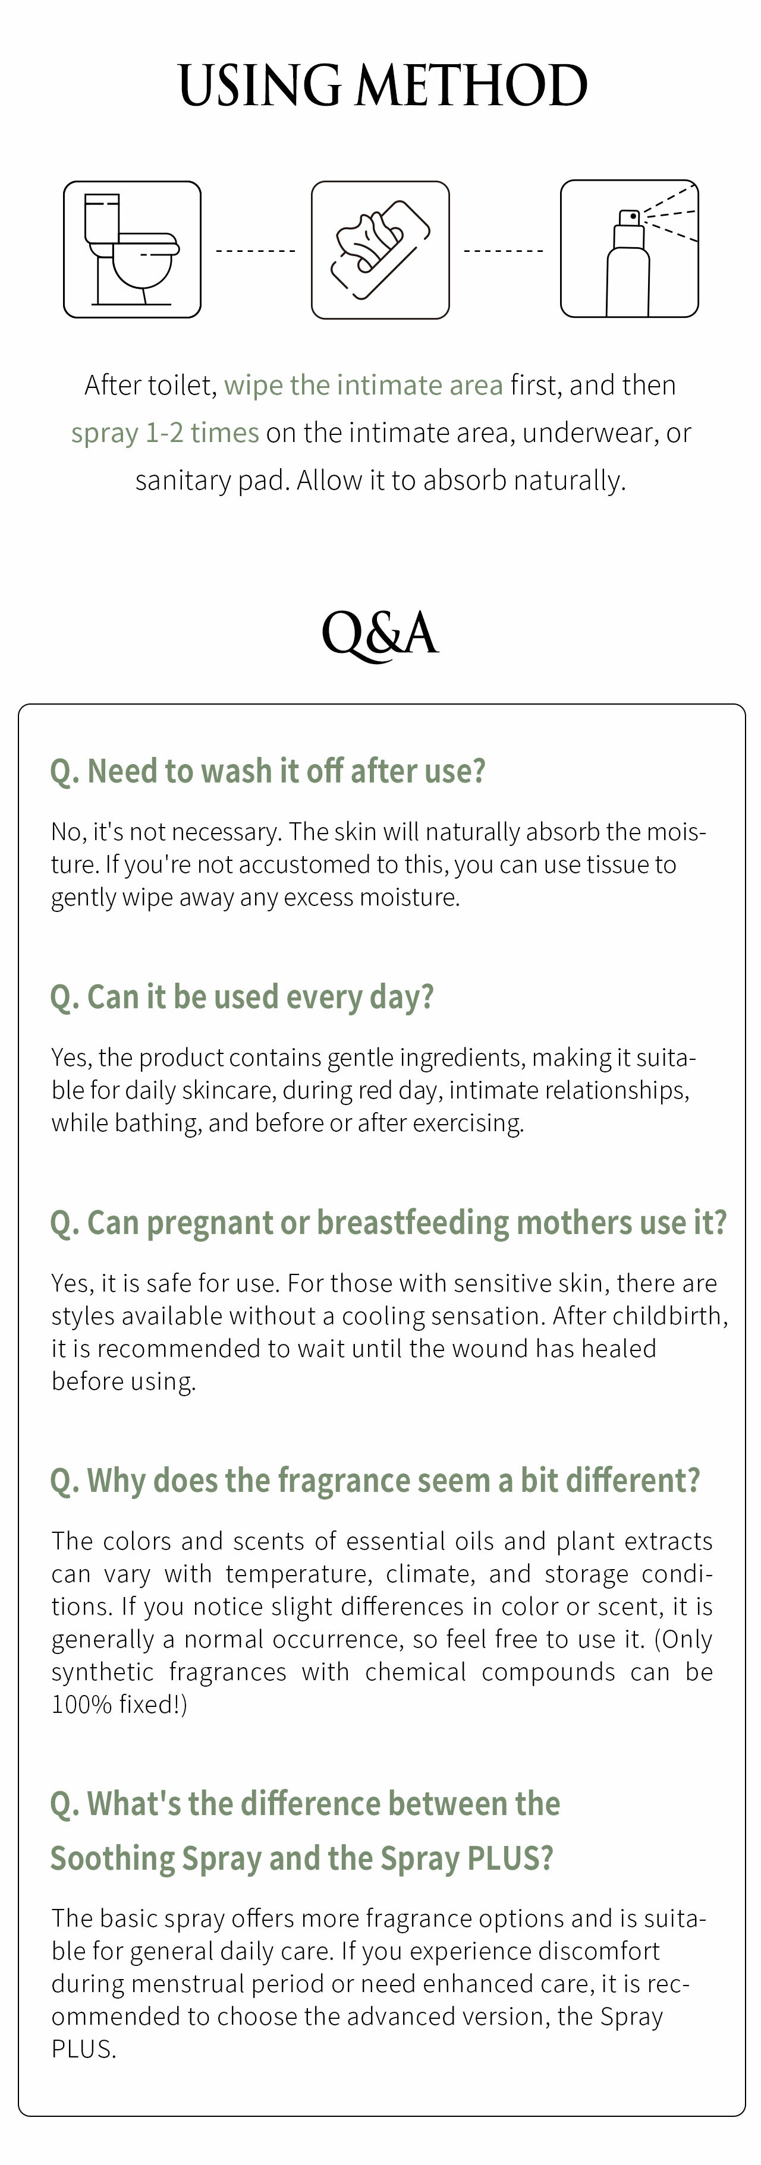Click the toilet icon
(132, 250)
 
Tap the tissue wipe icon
(380, 250)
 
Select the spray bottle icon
(629, 249)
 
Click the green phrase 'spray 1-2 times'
(165, 433)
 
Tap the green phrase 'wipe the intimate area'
(363, 385)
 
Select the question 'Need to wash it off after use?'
(268, 771)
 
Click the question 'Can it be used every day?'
(242, 997)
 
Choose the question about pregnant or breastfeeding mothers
(388, 1223)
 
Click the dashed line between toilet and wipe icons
(256, 251)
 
